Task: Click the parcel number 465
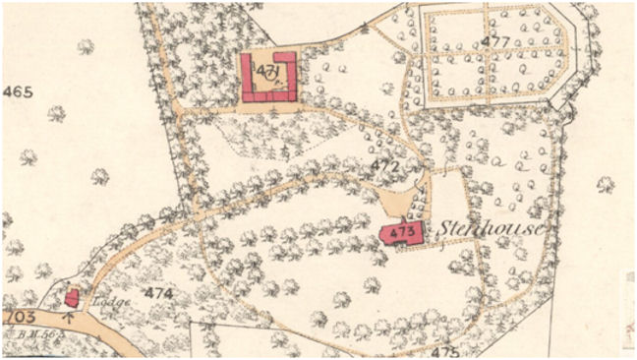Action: click(19, 92)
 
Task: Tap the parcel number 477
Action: click(496, 41)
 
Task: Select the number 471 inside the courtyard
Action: click(266, 74)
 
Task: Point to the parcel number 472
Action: click(384, 166)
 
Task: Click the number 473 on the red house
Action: click(400, 233)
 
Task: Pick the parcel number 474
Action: click(158, 293)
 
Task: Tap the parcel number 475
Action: click(445, 351)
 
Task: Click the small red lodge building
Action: click(72, 296)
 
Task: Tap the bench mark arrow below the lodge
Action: click(69, 316)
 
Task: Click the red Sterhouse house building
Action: click(403, 233)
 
